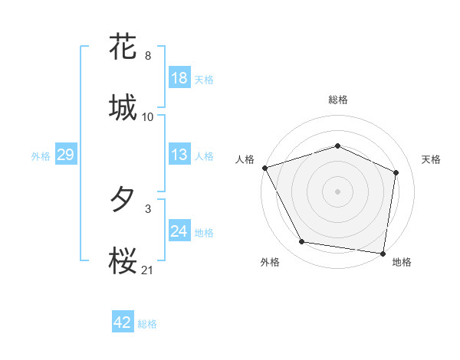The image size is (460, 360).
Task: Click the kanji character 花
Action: coord(123,47)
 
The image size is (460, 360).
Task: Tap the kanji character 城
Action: coord(123,108)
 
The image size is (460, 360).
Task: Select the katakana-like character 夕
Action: coord(123,200)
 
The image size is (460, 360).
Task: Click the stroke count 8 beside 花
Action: coord(147,56)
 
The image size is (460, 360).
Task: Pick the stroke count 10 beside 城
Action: coord(148,117)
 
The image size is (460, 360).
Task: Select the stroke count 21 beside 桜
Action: coord(148,270)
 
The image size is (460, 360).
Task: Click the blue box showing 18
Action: coord(179,78)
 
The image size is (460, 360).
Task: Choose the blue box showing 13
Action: coord(179,155)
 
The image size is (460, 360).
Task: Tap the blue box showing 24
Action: coord(179,231)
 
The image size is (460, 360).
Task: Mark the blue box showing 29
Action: coord(65,155)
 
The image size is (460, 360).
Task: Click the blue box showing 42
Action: coord(123,322)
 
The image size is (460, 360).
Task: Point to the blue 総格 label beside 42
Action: coord(147,324)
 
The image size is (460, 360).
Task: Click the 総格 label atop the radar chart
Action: coord(338,100)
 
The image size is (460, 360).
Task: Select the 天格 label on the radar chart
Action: coord(432,159)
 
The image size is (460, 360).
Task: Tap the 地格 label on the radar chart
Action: coord(402,263)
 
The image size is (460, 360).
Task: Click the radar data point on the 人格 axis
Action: coord(264,168)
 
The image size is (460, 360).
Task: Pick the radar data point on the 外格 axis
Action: coord(302,242)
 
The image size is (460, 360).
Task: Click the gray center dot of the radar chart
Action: coord(338,191)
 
